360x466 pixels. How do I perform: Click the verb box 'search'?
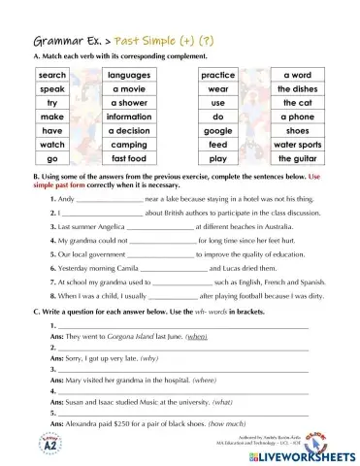(x=52, y=75)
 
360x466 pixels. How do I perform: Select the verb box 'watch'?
(x=52, y=144)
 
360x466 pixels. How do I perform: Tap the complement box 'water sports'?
(x=297, y=144)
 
